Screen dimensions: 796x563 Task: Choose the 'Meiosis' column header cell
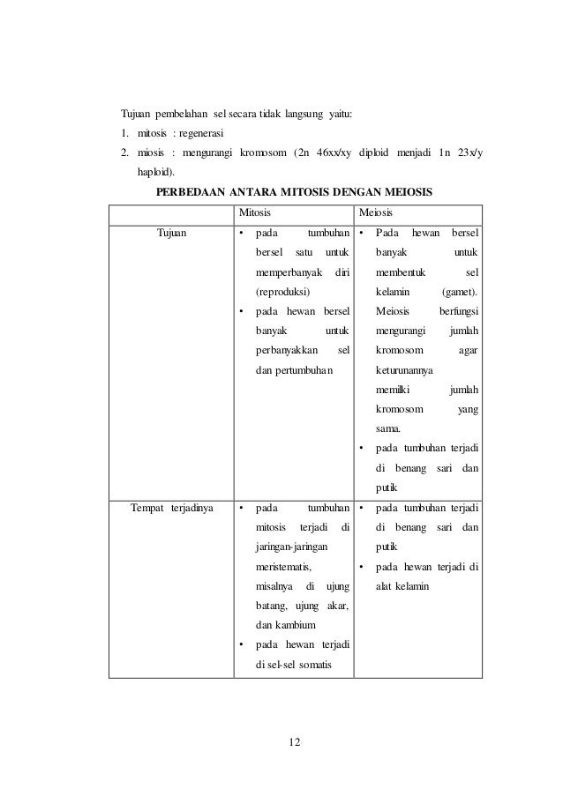[x=377, y=213]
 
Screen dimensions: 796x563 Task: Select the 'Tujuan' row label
[x=171, y=234]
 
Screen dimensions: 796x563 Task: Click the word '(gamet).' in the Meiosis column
[x=460, y=291]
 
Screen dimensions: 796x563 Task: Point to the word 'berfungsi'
[x=459, y=310]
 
